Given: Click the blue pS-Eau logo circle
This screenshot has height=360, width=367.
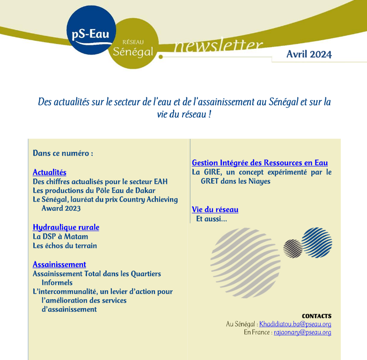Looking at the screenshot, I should (x=91, y=30).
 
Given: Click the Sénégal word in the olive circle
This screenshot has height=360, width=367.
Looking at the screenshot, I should (x=133, y=51).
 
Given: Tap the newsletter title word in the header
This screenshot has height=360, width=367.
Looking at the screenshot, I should (x=218, y=46).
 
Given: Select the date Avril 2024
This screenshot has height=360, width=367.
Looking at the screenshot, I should (x=309, y=54).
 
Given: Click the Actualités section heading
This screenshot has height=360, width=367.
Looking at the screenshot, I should (x=50, y=173).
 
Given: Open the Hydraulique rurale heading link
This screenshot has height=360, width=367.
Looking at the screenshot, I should (x=66, y=227).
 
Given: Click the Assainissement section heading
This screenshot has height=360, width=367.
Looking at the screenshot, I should (x=59, y=264).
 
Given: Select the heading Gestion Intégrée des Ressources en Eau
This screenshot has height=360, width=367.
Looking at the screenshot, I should (x=260, y=163).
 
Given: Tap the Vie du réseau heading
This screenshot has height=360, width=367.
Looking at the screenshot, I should (x=215, y=209).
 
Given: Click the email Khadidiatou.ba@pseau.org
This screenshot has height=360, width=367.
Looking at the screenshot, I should (x=295, y=324).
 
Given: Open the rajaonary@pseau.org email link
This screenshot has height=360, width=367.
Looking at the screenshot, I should (x=302, y=332).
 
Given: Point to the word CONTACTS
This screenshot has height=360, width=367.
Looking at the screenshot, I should (x=316, y=316).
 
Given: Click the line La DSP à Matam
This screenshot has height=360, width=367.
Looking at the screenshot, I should (x=60, y=237).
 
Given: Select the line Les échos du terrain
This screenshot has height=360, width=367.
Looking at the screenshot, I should (x=65, y=245).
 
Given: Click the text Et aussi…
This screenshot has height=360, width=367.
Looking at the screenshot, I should (x=212, y=219).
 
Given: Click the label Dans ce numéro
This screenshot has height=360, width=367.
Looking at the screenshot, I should (x=63, y=153).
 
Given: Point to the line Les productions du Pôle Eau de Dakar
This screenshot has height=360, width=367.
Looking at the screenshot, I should (x=94, y=190).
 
